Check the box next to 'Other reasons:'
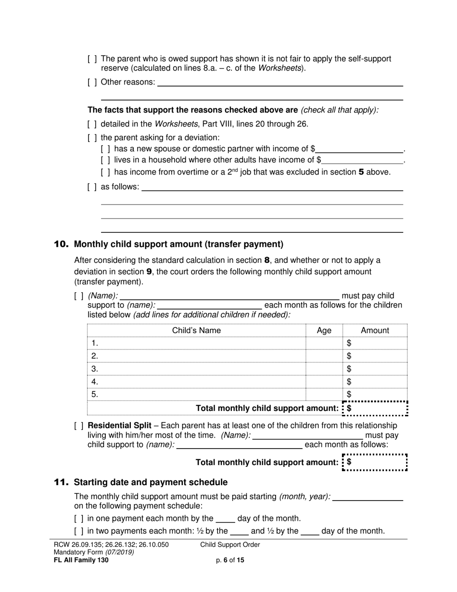tap(92, 82)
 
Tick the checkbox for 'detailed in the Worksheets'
tap(92, 124)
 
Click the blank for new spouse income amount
tap(359, 149)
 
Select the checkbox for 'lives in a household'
tap(105, 160)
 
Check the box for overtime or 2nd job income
tap(105, 172)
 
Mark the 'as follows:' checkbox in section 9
tap(92, 187)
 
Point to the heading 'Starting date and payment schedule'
tap(151, 482)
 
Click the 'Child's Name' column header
tap(196, 331)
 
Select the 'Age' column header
tap(324, 331)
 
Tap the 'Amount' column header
tap(375, 331)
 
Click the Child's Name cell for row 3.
tap(196, 369)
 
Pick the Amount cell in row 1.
tap(375, 343)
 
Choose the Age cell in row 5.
tap(324, 395)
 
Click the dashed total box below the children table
tap(375, 408)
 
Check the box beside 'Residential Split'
tap(78, 426)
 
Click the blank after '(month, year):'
tap(368, 497)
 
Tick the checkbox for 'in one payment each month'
tap(78, 519)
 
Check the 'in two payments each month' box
tap(78, 531)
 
